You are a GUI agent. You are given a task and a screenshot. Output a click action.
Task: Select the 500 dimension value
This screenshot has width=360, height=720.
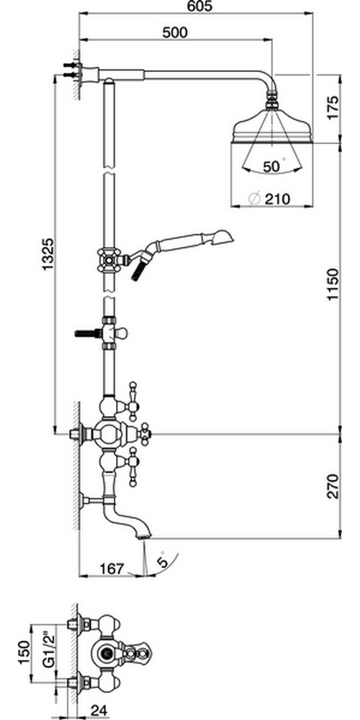(175, 32)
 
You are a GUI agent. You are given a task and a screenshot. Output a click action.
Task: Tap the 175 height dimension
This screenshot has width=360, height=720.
(333, 107)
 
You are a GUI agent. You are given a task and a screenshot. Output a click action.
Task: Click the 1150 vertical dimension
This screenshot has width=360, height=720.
(333, 285)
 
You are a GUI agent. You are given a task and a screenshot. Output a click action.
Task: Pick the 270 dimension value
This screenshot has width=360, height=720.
(333, 486)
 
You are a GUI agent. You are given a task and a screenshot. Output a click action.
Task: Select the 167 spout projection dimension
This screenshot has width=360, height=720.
(112, 569)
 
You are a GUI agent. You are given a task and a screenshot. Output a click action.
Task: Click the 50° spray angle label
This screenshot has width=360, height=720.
(274, 166)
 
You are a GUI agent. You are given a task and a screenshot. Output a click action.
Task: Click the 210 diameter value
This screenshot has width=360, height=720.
(277, 199)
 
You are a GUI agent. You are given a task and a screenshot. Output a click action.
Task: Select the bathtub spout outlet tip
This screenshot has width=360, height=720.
(144, 536)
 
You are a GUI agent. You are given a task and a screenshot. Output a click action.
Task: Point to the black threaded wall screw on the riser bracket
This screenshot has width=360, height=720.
(87, 333)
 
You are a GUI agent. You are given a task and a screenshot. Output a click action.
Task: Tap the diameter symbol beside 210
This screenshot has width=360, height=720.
(254, 199)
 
